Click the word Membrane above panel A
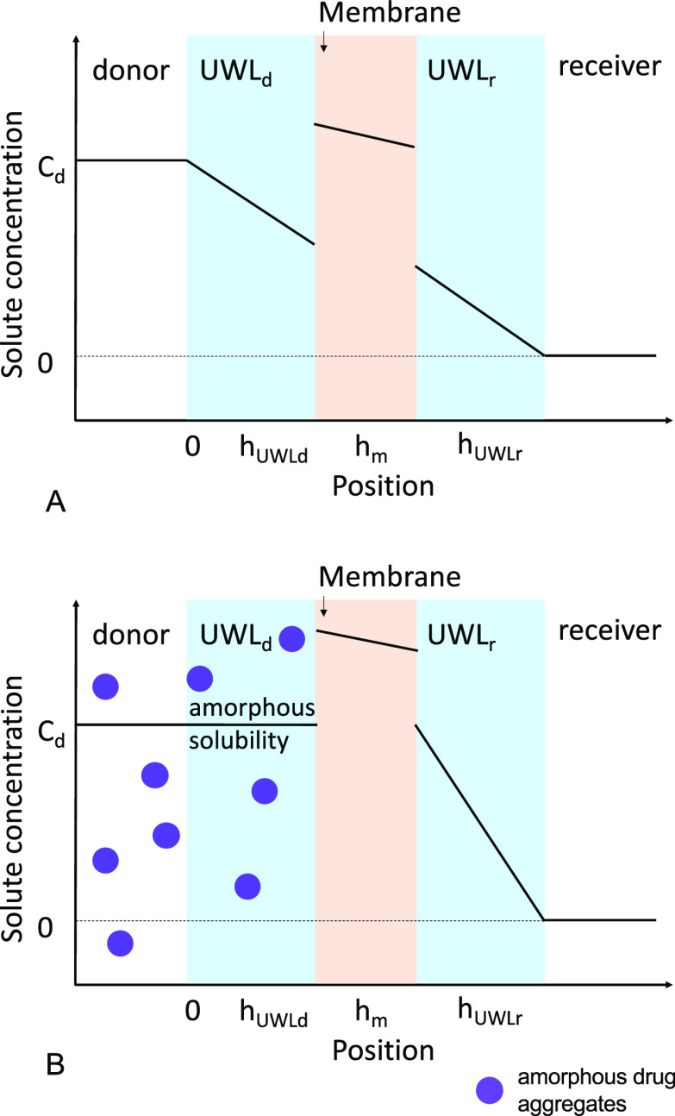tap(366, 15)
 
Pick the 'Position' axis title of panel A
tap(382, 486)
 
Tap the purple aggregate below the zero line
tap(120, 944)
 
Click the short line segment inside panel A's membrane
tap(365, 135)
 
